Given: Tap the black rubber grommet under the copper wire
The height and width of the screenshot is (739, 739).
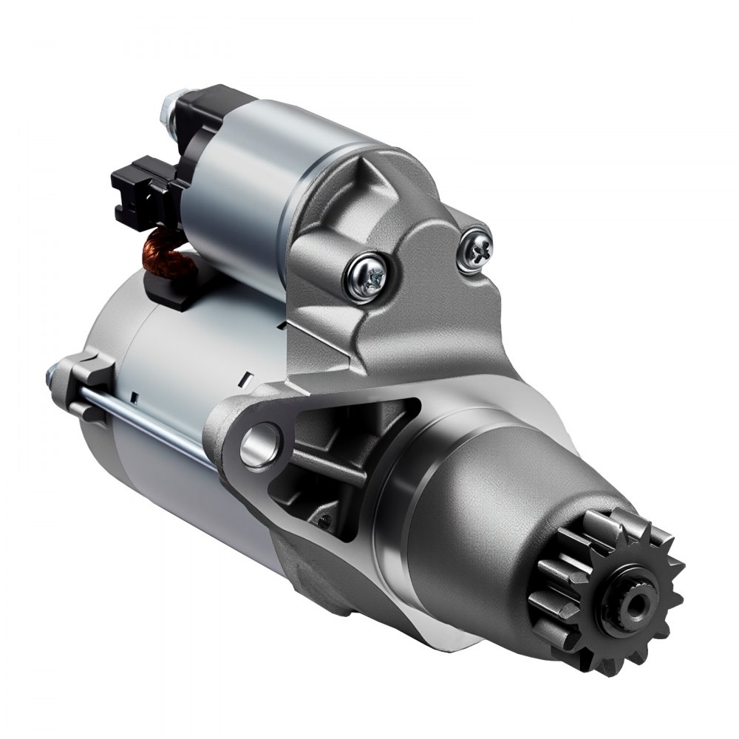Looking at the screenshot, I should (x=166, y=285).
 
